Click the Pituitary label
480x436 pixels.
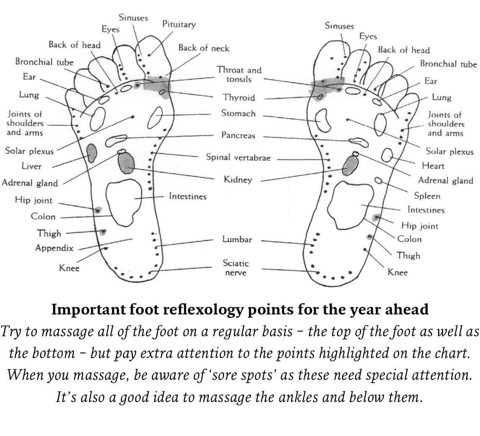[179, 25]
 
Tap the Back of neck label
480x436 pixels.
[204, 48]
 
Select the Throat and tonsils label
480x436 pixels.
[239, 75]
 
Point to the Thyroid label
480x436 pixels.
[238, 98]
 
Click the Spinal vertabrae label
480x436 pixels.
[238, 158]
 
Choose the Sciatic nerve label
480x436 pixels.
[236, 268]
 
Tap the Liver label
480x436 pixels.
[31, 166]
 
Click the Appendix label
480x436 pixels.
[54, 248]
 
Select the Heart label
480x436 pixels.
[433, 166]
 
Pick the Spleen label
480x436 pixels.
[427, 196]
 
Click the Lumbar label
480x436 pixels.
[237, 240]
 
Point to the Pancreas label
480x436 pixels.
[238, 135]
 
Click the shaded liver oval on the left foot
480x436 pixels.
[91, 153]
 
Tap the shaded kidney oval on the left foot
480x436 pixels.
[126, 163]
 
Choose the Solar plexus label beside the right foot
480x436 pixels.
[449, 151]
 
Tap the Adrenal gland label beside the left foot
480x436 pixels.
[30, 183]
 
